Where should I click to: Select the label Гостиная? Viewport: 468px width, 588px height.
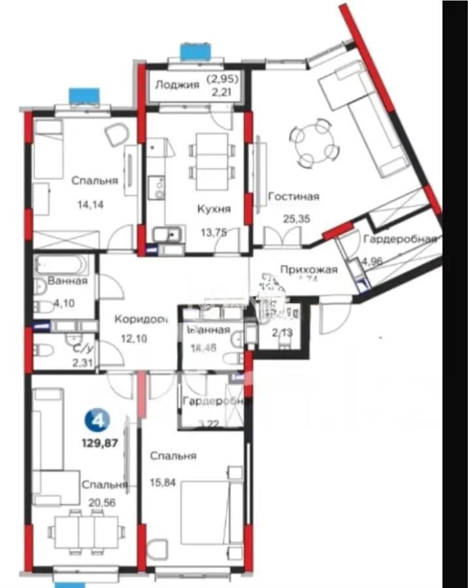[293, 196]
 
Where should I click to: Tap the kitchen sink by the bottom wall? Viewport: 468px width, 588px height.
[169, 233]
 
